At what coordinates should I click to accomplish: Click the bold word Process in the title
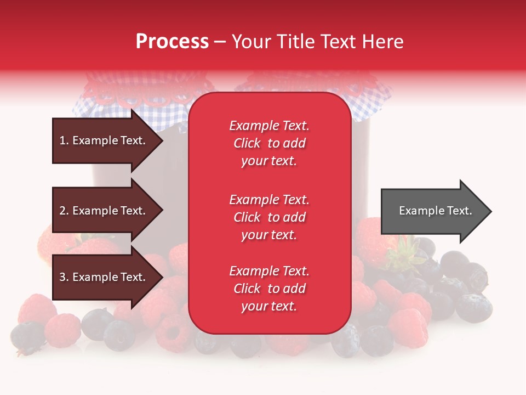coord(172,42)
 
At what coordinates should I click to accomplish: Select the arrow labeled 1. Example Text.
coord(104,141)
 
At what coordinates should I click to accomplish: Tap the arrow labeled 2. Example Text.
coord(104,211)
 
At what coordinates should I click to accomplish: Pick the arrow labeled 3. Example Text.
coord(104,278)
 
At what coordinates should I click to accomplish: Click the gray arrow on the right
coord(433,211)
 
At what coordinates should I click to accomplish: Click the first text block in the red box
coord(269,143)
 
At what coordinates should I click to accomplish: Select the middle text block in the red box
coord(269,217)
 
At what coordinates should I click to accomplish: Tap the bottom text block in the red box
coord(269,289)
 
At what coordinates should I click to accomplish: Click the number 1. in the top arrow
coord(64,141)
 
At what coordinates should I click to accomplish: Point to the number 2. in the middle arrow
coord(64,211)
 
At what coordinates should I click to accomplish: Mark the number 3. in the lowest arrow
coord(64,278)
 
